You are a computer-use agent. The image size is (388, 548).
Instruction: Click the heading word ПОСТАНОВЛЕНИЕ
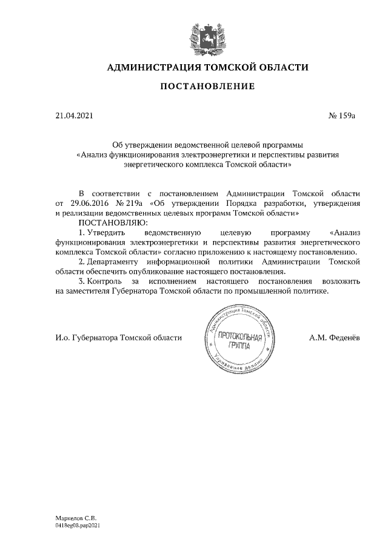[207, 87]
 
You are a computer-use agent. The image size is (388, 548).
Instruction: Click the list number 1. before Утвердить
[82, 233]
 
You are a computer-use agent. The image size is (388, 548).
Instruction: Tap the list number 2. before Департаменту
[82, 262]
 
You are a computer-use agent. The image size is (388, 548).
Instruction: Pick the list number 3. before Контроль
[82, 282]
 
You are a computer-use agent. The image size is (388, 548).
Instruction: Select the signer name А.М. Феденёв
[334, 338]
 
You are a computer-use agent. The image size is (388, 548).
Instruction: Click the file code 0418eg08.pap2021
[77, 526]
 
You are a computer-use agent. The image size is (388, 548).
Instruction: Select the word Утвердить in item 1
[105, 233]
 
